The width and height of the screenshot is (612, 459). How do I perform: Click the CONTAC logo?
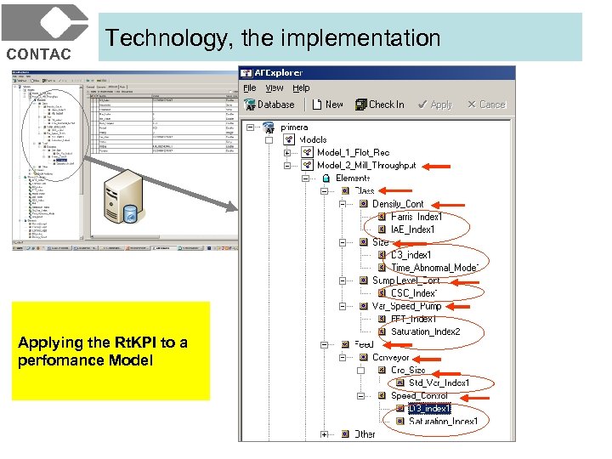pos(44,32)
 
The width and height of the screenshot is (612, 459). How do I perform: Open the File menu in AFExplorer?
pos(250,88)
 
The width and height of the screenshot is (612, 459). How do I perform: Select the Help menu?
pos(301,88)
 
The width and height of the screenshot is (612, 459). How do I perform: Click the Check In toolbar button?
pos(380,105)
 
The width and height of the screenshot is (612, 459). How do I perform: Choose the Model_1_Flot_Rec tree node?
pos(353,153)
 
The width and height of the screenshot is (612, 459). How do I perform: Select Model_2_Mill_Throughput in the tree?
pos(366,166)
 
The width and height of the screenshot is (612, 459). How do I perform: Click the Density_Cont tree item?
pos(398,204)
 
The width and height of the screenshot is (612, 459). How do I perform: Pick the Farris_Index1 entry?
pos(416,217)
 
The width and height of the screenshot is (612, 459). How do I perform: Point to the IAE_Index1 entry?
pos(412,229)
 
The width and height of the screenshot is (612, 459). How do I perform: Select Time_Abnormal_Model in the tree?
pos(434,268)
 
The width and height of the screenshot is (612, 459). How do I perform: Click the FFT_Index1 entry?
pos(413,319)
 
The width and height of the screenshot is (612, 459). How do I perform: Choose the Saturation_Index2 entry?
pos(425,331)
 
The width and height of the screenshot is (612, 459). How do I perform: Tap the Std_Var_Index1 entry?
pos(439,383)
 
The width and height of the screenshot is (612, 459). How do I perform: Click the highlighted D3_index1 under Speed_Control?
pos(422,409)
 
